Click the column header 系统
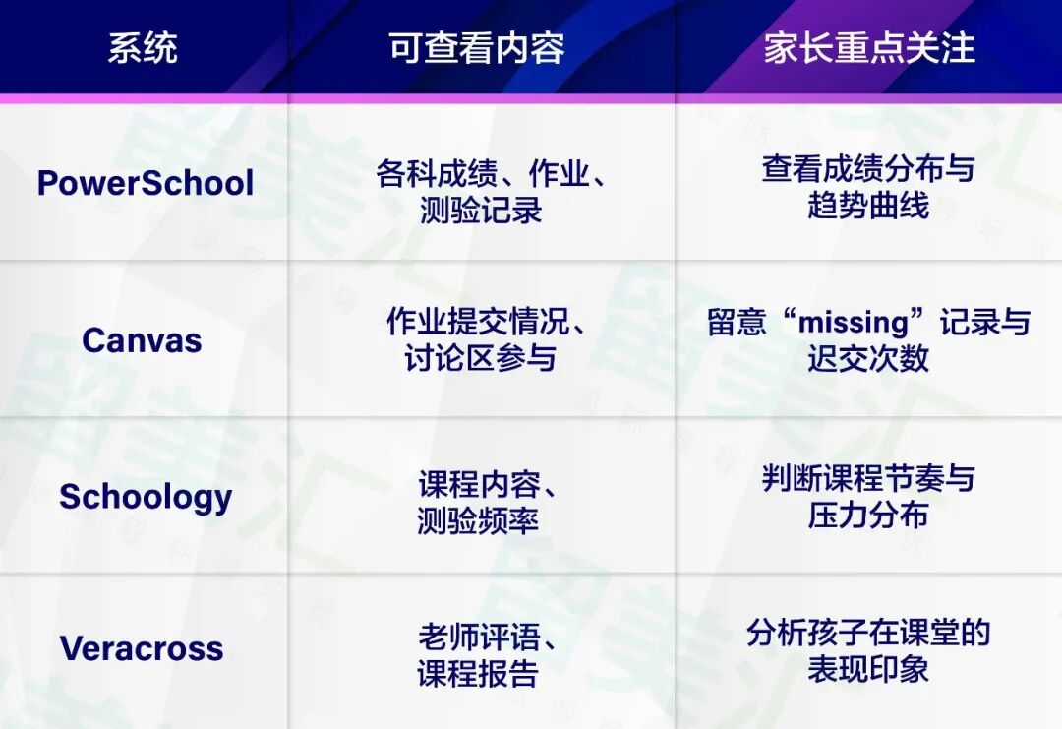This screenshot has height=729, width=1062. [143, 48]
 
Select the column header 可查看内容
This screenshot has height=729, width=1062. [477, 48]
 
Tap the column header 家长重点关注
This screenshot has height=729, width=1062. [869, 48]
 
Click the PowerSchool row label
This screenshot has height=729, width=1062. [146, 183]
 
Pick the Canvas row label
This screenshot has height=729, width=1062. [142, 340]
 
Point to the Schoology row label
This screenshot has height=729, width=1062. [146, 497]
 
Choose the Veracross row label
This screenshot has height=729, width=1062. [142, 648]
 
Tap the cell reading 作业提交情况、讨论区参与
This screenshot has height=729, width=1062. [481, 339]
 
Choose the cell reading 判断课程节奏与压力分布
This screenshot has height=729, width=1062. [868, 496]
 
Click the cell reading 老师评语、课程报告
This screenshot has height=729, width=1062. [481, 655]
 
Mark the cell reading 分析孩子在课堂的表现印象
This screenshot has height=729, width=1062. [868, 650]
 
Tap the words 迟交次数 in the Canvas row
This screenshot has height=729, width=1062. [868, 358]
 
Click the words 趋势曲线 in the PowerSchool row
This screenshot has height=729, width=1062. [868, 207]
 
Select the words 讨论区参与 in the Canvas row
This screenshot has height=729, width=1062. [481, 358]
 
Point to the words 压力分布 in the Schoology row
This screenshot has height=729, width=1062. [868, 516]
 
